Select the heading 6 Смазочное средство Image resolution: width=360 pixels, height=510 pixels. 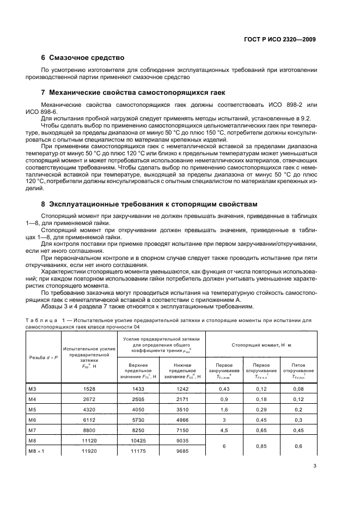(x=83, y=57)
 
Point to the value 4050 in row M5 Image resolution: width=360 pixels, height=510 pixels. (x=142, y=410)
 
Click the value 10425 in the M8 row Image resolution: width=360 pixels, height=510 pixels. (x=142, y=441)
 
